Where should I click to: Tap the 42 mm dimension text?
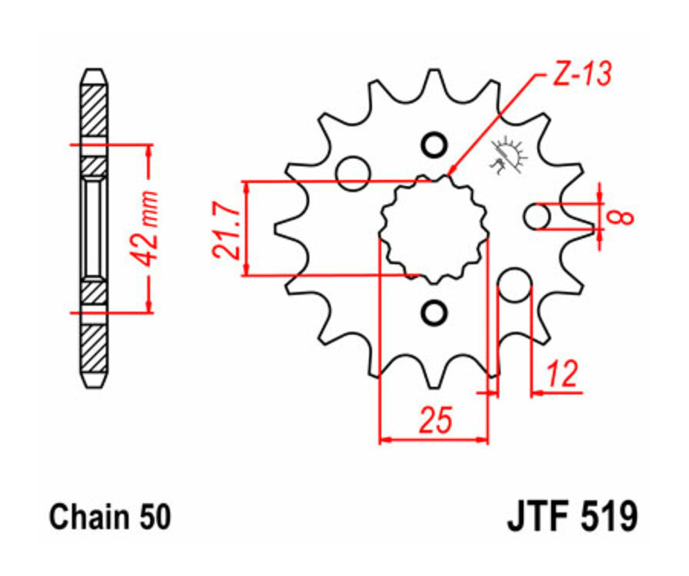coord(149,227)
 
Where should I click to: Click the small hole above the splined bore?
coord(433,145)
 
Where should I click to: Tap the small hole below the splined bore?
coord(433,313)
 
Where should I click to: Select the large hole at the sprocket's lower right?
coord(514,286)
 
